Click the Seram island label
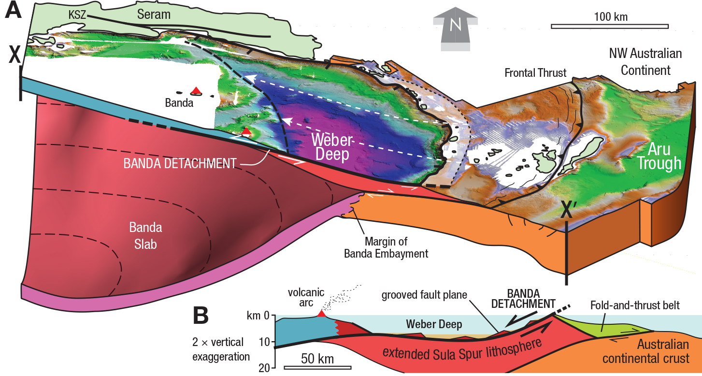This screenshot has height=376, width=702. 154,14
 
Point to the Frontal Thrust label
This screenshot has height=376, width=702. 535,73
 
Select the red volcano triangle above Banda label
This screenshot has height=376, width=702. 196,90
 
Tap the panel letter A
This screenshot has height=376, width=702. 13,11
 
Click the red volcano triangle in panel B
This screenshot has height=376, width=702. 321,314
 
